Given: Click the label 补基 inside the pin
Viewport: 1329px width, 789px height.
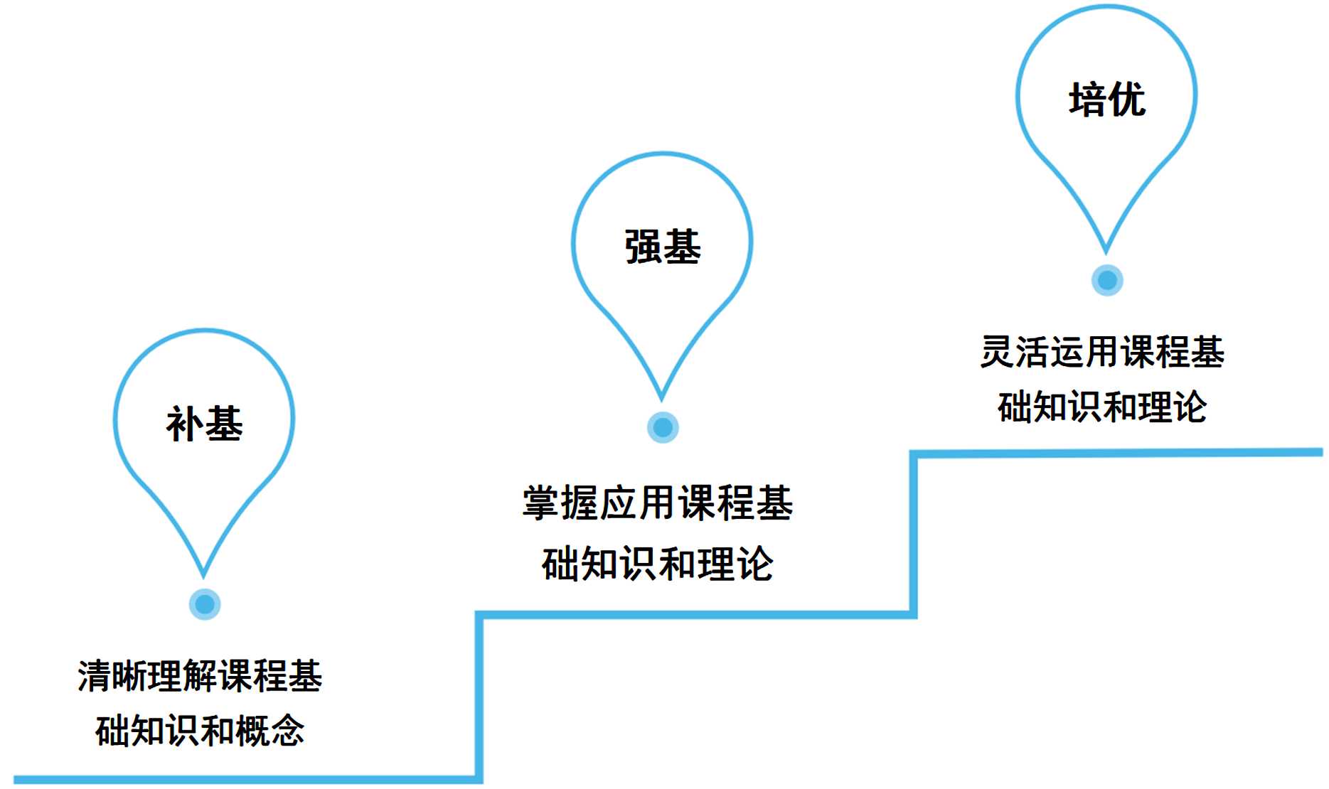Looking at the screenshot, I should tap(204, 424).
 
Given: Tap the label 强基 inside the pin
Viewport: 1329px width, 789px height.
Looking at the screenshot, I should tap(663, 247).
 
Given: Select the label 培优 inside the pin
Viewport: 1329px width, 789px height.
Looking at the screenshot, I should tap(1107, 99).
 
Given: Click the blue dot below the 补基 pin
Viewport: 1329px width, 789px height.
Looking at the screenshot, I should tap(205, 604).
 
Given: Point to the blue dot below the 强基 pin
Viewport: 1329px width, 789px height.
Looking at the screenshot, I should tap(663, 427).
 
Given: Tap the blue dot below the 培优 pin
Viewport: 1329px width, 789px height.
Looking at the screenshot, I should tap(1107, 280).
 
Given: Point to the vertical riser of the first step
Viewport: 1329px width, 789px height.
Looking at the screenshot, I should tap(479, 697).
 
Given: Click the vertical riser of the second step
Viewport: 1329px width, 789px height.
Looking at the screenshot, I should tap(913, 533).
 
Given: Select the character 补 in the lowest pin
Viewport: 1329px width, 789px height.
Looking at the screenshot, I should tap(185, 424).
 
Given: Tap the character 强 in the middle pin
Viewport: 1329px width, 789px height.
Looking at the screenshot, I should tap(643, 247).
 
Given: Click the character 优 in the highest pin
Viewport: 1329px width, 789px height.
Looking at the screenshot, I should tap(1127, 99).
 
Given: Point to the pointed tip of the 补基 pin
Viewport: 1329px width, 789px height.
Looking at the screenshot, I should tap(203, 574).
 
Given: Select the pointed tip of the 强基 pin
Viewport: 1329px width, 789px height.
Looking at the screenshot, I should tap(661, 398).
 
